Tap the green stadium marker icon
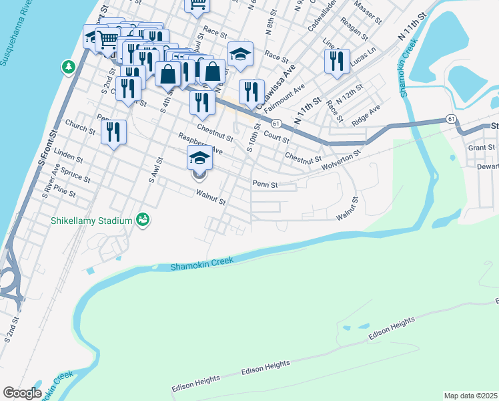pyautogui.click(x=141, y=219)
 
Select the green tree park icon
pyautogui.click(x=68, y=67)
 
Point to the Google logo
pyautogui.click(x=22, y=393)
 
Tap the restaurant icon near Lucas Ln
pyautogui.click(x=336, y=61)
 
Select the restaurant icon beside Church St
pyautogui.click(x=114, y=132)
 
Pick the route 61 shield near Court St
pyautogui.click(x=275, y=123)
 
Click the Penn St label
pyautogui.click(x=264, y=183)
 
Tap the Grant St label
pyautogui.click(x=481, y=147)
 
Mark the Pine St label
pyautogui.click(x=65, y=192)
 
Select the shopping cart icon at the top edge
pyautogui.click(x=197, y=4)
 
